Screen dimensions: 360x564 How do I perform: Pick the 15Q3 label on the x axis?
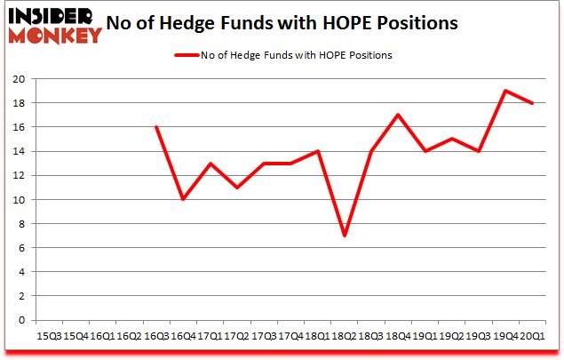point(49,336)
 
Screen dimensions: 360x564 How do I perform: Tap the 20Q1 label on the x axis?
point(532,336)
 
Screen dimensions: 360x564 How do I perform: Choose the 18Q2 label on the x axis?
point(345,336)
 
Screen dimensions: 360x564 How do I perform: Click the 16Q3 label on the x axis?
point(156,336)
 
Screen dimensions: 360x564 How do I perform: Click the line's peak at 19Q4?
point(505,91)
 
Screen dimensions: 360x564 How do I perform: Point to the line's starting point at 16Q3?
point(156,127)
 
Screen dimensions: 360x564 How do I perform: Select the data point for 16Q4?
point(183,199)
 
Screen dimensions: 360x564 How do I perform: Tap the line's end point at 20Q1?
point(532,103)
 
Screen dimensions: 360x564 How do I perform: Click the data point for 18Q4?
point(397,115)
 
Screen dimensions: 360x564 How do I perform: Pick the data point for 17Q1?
point(210,163)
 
